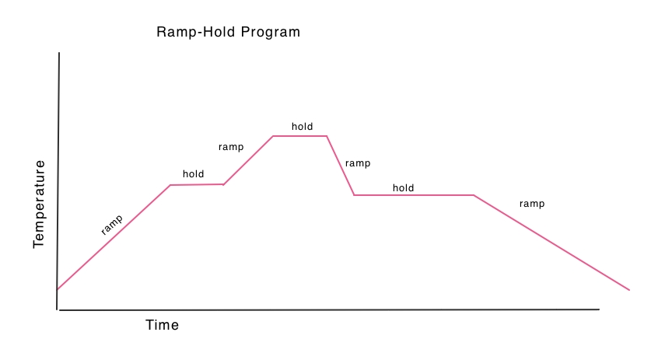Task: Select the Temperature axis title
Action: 39,204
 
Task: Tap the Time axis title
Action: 162,325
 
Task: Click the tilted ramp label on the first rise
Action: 112,225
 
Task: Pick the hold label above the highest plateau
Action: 302,127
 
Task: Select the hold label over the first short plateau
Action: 194,173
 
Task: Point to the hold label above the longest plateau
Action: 404,187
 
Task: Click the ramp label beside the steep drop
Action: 358,163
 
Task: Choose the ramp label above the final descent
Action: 532,204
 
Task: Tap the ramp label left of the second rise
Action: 231,147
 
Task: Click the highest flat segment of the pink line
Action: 300,136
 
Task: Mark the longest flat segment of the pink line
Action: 414,195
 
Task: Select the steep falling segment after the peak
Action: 341,166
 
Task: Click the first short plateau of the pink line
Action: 197,185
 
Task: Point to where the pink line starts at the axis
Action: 58,289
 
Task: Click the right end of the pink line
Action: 629,290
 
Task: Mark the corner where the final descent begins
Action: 474,195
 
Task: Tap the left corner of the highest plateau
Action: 273,136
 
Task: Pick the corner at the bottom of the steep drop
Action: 355,195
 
